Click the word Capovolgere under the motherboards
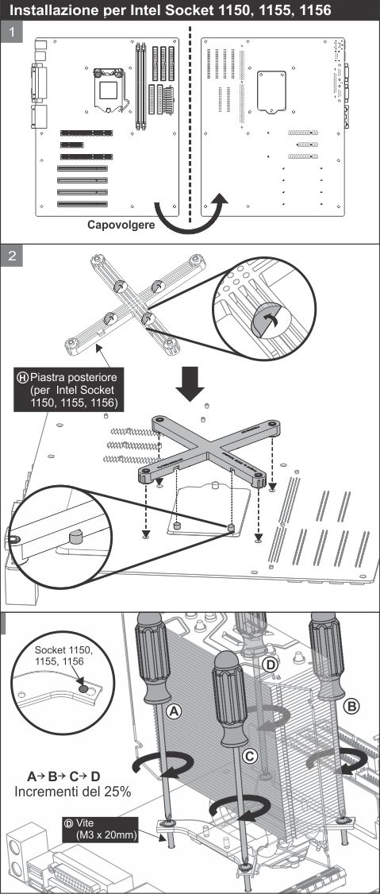tap(121, 225)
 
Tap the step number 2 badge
tap(13, 256)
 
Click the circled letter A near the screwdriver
tap(175, 711)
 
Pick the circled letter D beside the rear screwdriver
tap(271, 665)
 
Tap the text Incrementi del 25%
tap(73, 792)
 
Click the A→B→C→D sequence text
tap(63, 776)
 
